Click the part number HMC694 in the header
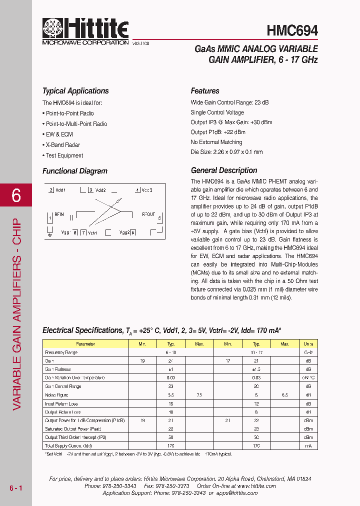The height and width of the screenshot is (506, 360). coord(292,30)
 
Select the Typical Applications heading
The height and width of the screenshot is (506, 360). coord(75,91)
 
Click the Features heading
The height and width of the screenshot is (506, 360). coord(205,91)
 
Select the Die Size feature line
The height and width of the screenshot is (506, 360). coord(226,152)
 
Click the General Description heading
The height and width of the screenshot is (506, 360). coord(224,170)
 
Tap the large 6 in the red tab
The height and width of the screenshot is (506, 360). coord(16,195)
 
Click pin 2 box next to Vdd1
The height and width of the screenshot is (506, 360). coord(51,190)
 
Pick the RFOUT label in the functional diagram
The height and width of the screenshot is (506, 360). coord(148,214)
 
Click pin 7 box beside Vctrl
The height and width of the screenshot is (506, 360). coord(83,232)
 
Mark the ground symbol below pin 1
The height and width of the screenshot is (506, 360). coord(49,233)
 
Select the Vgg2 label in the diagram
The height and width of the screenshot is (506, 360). coord(124,232)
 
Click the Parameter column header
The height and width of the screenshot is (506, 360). coord(85,344)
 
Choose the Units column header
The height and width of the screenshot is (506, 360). coord(308,344)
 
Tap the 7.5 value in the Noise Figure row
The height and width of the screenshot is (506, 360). coord(199,395)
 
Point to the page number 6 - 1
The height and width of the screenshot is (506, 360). coord(16,487)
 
